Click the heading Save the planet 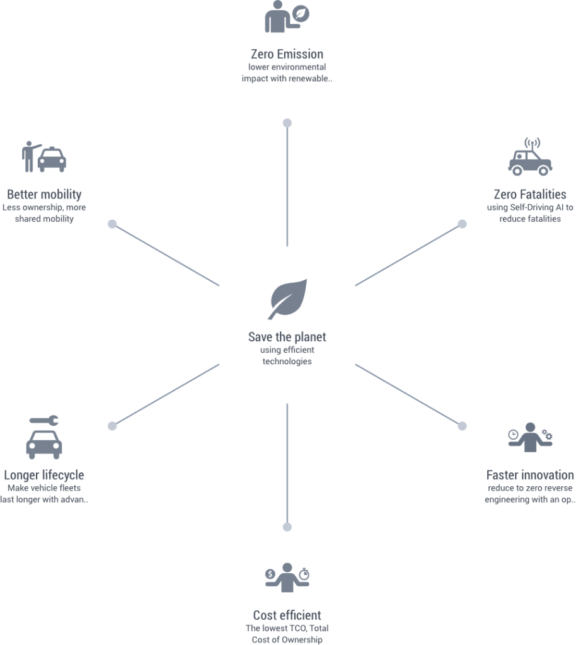click(287, 336)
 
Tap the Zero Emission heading click(287, 54)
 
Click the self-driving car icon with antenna click(530, 157)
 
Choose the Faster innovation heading click(530, 475)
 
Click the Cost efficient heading click(287, 615)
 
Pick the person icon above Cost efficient click(287, 576)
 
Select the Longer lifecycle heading click(44, 475)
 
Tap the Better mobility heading click(44, 194)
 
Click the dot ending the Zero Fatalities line click(462, 224)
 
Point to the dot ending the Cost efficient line click(287, 527)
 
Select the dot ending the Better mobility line click(112, 224)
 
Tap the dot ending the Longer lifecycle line click(112, 426)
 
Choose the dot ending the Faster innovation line click(462, 426)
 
